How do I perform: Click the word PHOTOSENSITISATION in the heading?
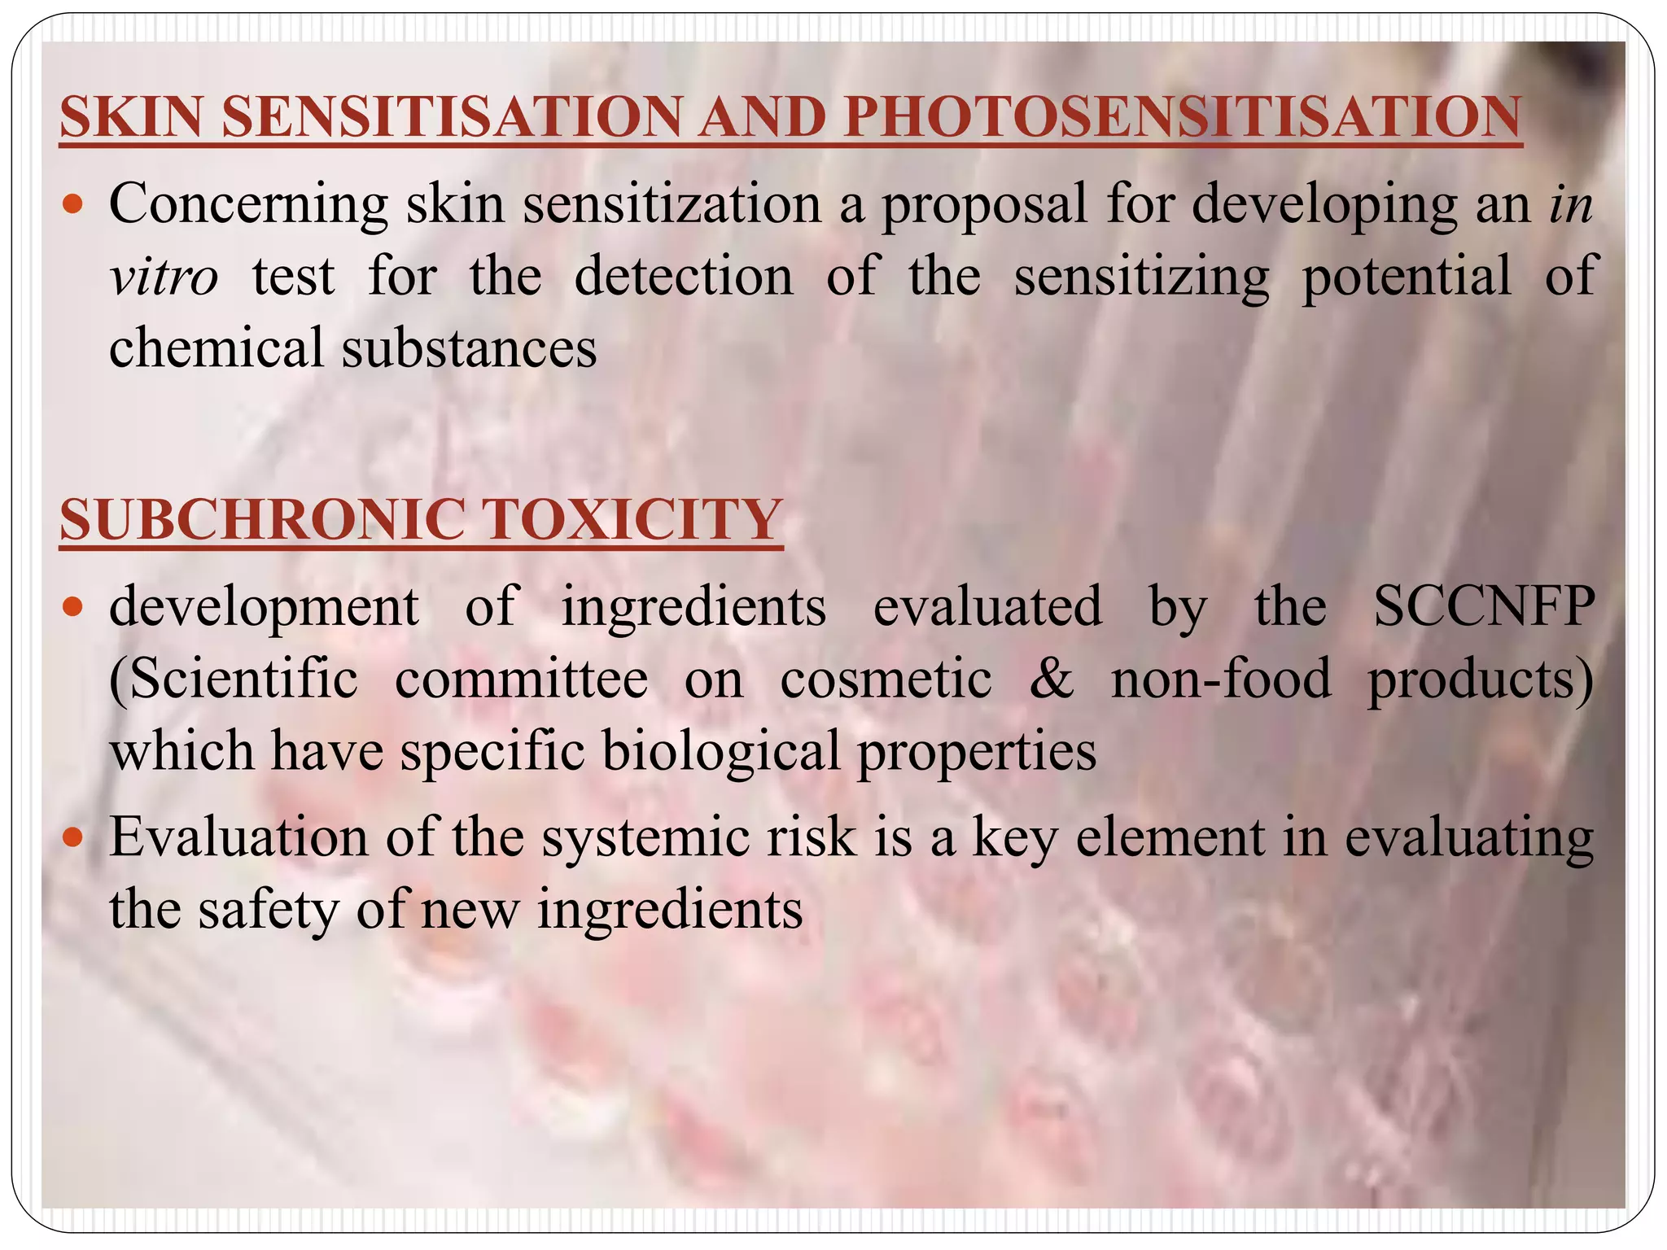pyautogui.click(x=1182, y=117)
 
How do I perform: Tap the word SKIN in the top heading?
pyautogui.click(x=130, y=117)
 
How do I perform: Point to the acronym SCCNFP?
pyautogui.click(x=1483, y=606)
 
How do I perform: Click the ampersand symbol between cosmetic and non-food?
pyautogui.click(x=1052, y=679)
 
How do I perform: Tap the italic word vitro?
pyautogui.click(x=164, y=277)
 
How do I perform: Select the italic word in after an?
pyautogui.click(x=1570, y=204)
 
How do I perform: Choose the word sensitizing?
pyautogui.click(x=1141, y=278)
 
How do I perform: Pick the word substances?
pyautogui.click(x=469, y=348)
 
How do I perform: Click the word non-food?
pyautogui.click(x=1221, y=679)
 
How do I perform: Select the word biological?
pyautogui.click(x=721, y=751)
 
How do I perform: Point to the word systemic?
pyautogui.click(x=699, y=838)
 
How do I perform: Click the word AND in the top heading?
pyautogui.click(x=762, y=117)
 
